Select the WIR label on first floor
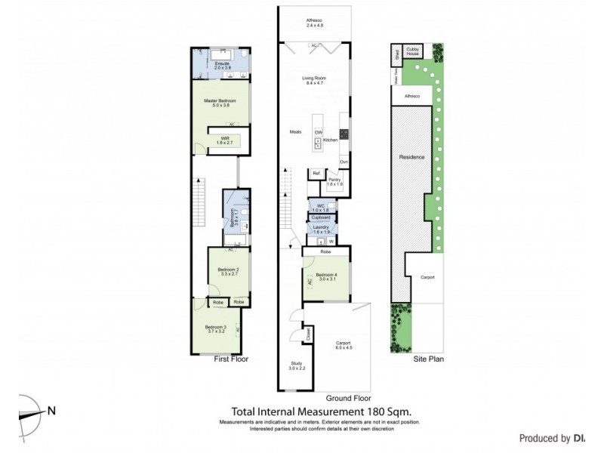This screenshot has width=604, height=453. [x=224, y=139]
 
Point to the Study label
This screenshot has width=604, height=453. [x=297, y=364]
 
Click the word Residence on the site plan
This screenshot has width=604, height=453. [x=412, y=156]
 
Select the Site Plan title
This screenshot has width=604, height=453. [x=427, y=359]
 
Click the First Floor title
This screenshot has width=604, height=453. [x=230, y=359]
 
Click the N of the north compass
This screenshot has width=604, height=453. [x=51, y=411]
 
